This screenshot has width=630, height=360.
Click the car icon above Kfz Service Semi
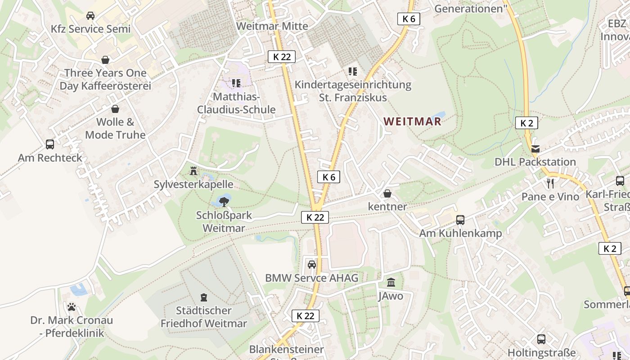[x=90, y=16]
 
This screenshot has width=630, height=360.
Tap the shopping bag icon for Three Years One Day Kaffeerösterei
[x=105, y=60]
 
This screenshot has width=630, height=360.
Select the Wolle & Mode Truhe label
[x=115, y=128]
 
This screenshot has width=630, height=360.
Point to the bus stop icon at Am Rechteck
[x=50, y=144]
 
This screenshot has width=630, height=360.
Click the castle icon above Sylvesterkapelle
[x=193, y=171]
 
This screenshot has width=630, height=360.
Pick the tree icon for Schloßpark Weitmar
[x=224, y=201]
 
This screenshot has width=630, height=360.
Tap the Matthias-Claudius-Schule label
[x=236, y=103]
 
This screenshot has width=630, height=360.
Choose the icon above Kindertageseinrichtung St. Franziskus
[x=352, y=71]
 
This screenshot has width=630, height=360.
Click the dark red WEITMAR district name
[x=413, y=121]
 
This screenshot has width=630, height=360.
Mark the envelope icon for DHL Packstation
[x=535, y=149]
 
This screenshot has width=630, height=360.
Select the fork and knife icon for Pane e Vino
[x=550, y=183]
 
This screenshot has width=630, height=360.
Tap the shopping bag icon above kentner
[x=387, y=193]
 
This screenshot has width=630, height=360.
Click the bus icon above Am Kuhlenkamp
[x=460, y=220]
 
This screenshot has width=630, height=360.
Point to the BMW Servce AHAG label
[x=311, y=278]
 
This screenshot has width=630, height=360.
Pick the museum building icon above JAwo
[x=391, y=283]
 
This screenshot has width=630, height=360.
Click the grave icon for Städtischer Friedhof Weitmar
[x=204, y=297]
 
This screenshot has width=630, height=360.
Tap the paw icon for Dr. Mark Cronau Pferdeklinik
[x=72, y=307]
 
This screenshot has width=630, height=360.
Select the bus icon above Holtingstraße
[x=541, y=339]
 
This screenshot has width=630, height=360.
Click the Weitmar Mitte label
[x=272, y=26]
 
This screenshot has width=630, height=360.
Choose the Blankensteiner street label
[x=287, y=349]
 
